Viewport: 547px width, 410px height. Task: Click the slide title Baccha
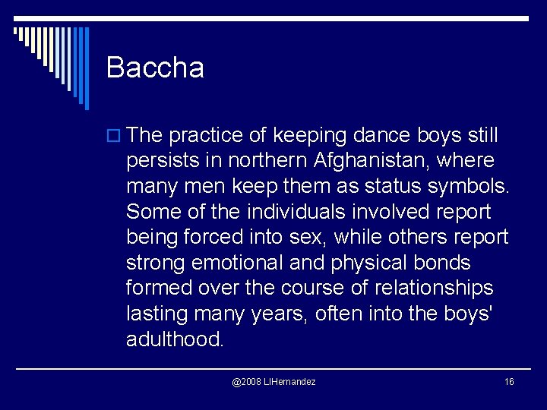tap(155, 68)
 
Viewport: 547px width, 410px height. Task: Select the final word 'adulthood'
tap(175, 339)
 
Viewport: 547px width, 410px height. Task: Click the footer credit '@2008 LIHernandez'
tap(273, 381)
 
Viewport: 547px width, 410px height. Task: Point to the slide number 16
tap(509, 381)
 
